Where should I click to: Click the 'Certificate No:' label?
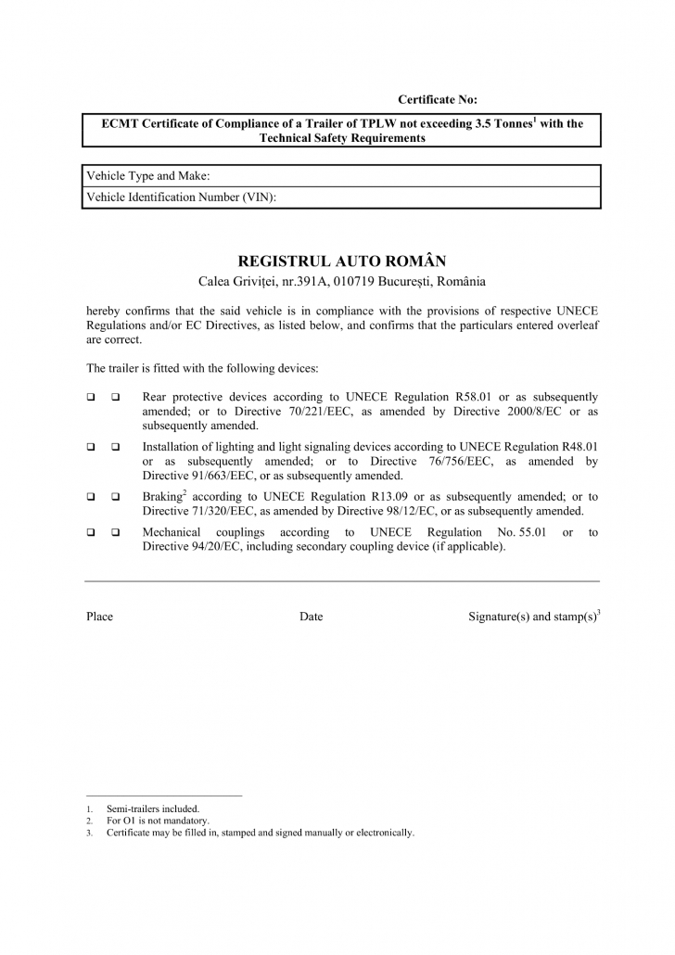point(437,99)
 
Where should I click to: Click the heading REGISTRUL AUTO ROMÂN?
point(342,261)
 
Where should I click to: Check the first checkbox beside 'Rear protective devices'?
point(92,397)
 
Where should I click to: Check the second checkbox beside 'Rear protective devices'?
point(116,397)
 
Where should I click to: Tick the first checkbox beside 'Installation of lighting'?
point(92,446)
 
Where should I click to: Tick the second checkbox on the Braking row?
point(116,496)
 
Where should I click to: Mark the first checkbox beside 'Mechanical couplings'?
point(92,532)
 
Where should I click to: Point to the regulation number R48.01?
point(576,446)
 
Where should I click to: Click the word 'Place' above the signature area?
point(99,617)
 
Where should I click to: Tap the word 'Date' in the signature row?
point(311,617)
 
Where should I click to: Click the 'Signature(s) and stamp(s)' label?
point(532,617)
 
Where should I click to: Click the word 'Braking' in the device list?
point(161,496)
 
